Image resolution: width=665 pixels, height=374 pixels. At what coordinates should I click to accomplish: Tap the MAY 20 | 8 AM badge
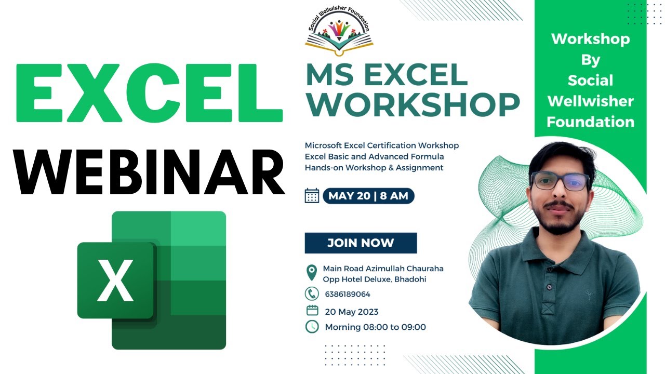(x=368, y=196)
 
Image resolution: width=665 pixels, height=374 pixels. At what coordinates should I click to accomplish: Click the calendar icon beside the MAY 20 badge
(x=312, y=196)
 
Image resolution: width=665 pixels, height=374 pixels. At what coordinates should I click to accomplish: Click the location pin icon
(x=311, y=273)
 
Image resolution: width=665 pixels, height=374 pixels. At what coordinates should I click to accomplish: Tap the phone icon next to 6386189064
(x=312, y=294)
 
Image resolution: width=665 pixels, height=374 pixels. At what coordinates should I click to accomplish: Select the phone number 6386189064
(x=348, y=294)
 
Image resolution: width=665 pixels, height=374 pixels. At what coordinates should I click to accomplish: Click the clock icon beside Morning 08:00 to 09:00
(x=312, y=327)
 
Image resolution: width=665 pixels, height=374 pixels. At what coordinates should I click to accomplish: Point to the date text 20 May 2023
(x=352, y=312)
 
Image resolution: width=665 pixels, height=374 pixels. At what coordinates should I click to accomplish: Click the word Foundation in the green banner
(x=591, y=122)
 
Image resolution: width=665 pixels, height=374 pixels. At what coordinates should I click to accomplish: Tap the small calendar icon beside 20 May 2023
(x=312, y=311)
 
